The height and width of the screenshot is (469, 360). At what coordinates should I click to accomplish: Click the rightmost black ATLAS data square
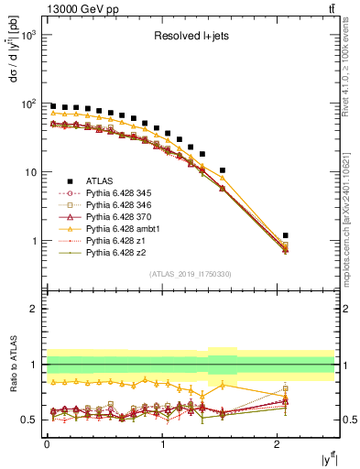click(x=286, y=235)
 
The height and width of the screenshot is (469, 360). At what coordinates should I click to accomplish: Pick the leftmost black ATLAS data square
click(x=53, y=106)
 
